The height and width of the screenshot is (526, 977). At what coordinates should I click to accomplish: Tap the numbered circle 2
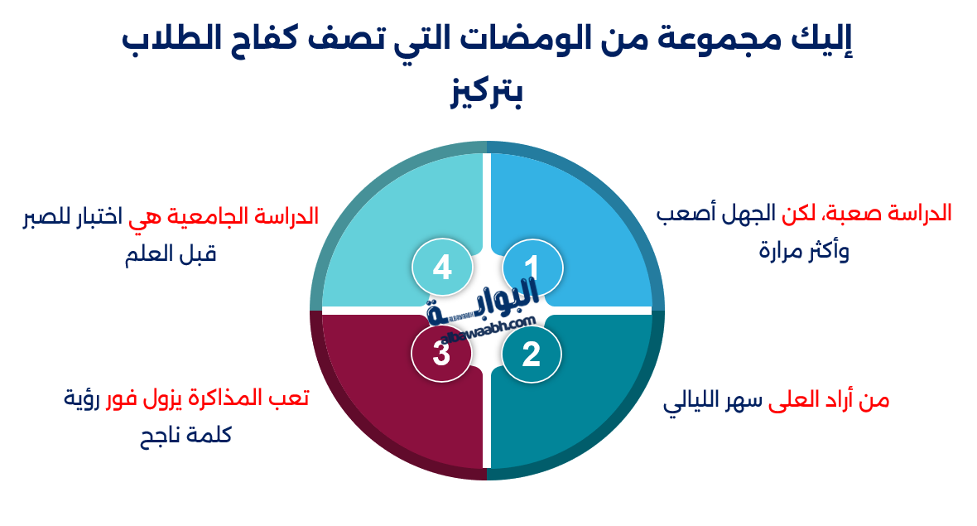coord(532,355)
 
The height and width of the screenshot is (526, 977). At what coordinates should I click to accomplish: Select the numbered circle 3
coord(442,355)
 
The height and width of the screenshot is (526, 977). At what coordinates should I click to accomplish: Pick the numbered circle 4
coord(442,268)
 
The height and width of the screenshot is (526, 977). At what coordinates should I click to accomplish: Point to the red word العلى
coord(797,402)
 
